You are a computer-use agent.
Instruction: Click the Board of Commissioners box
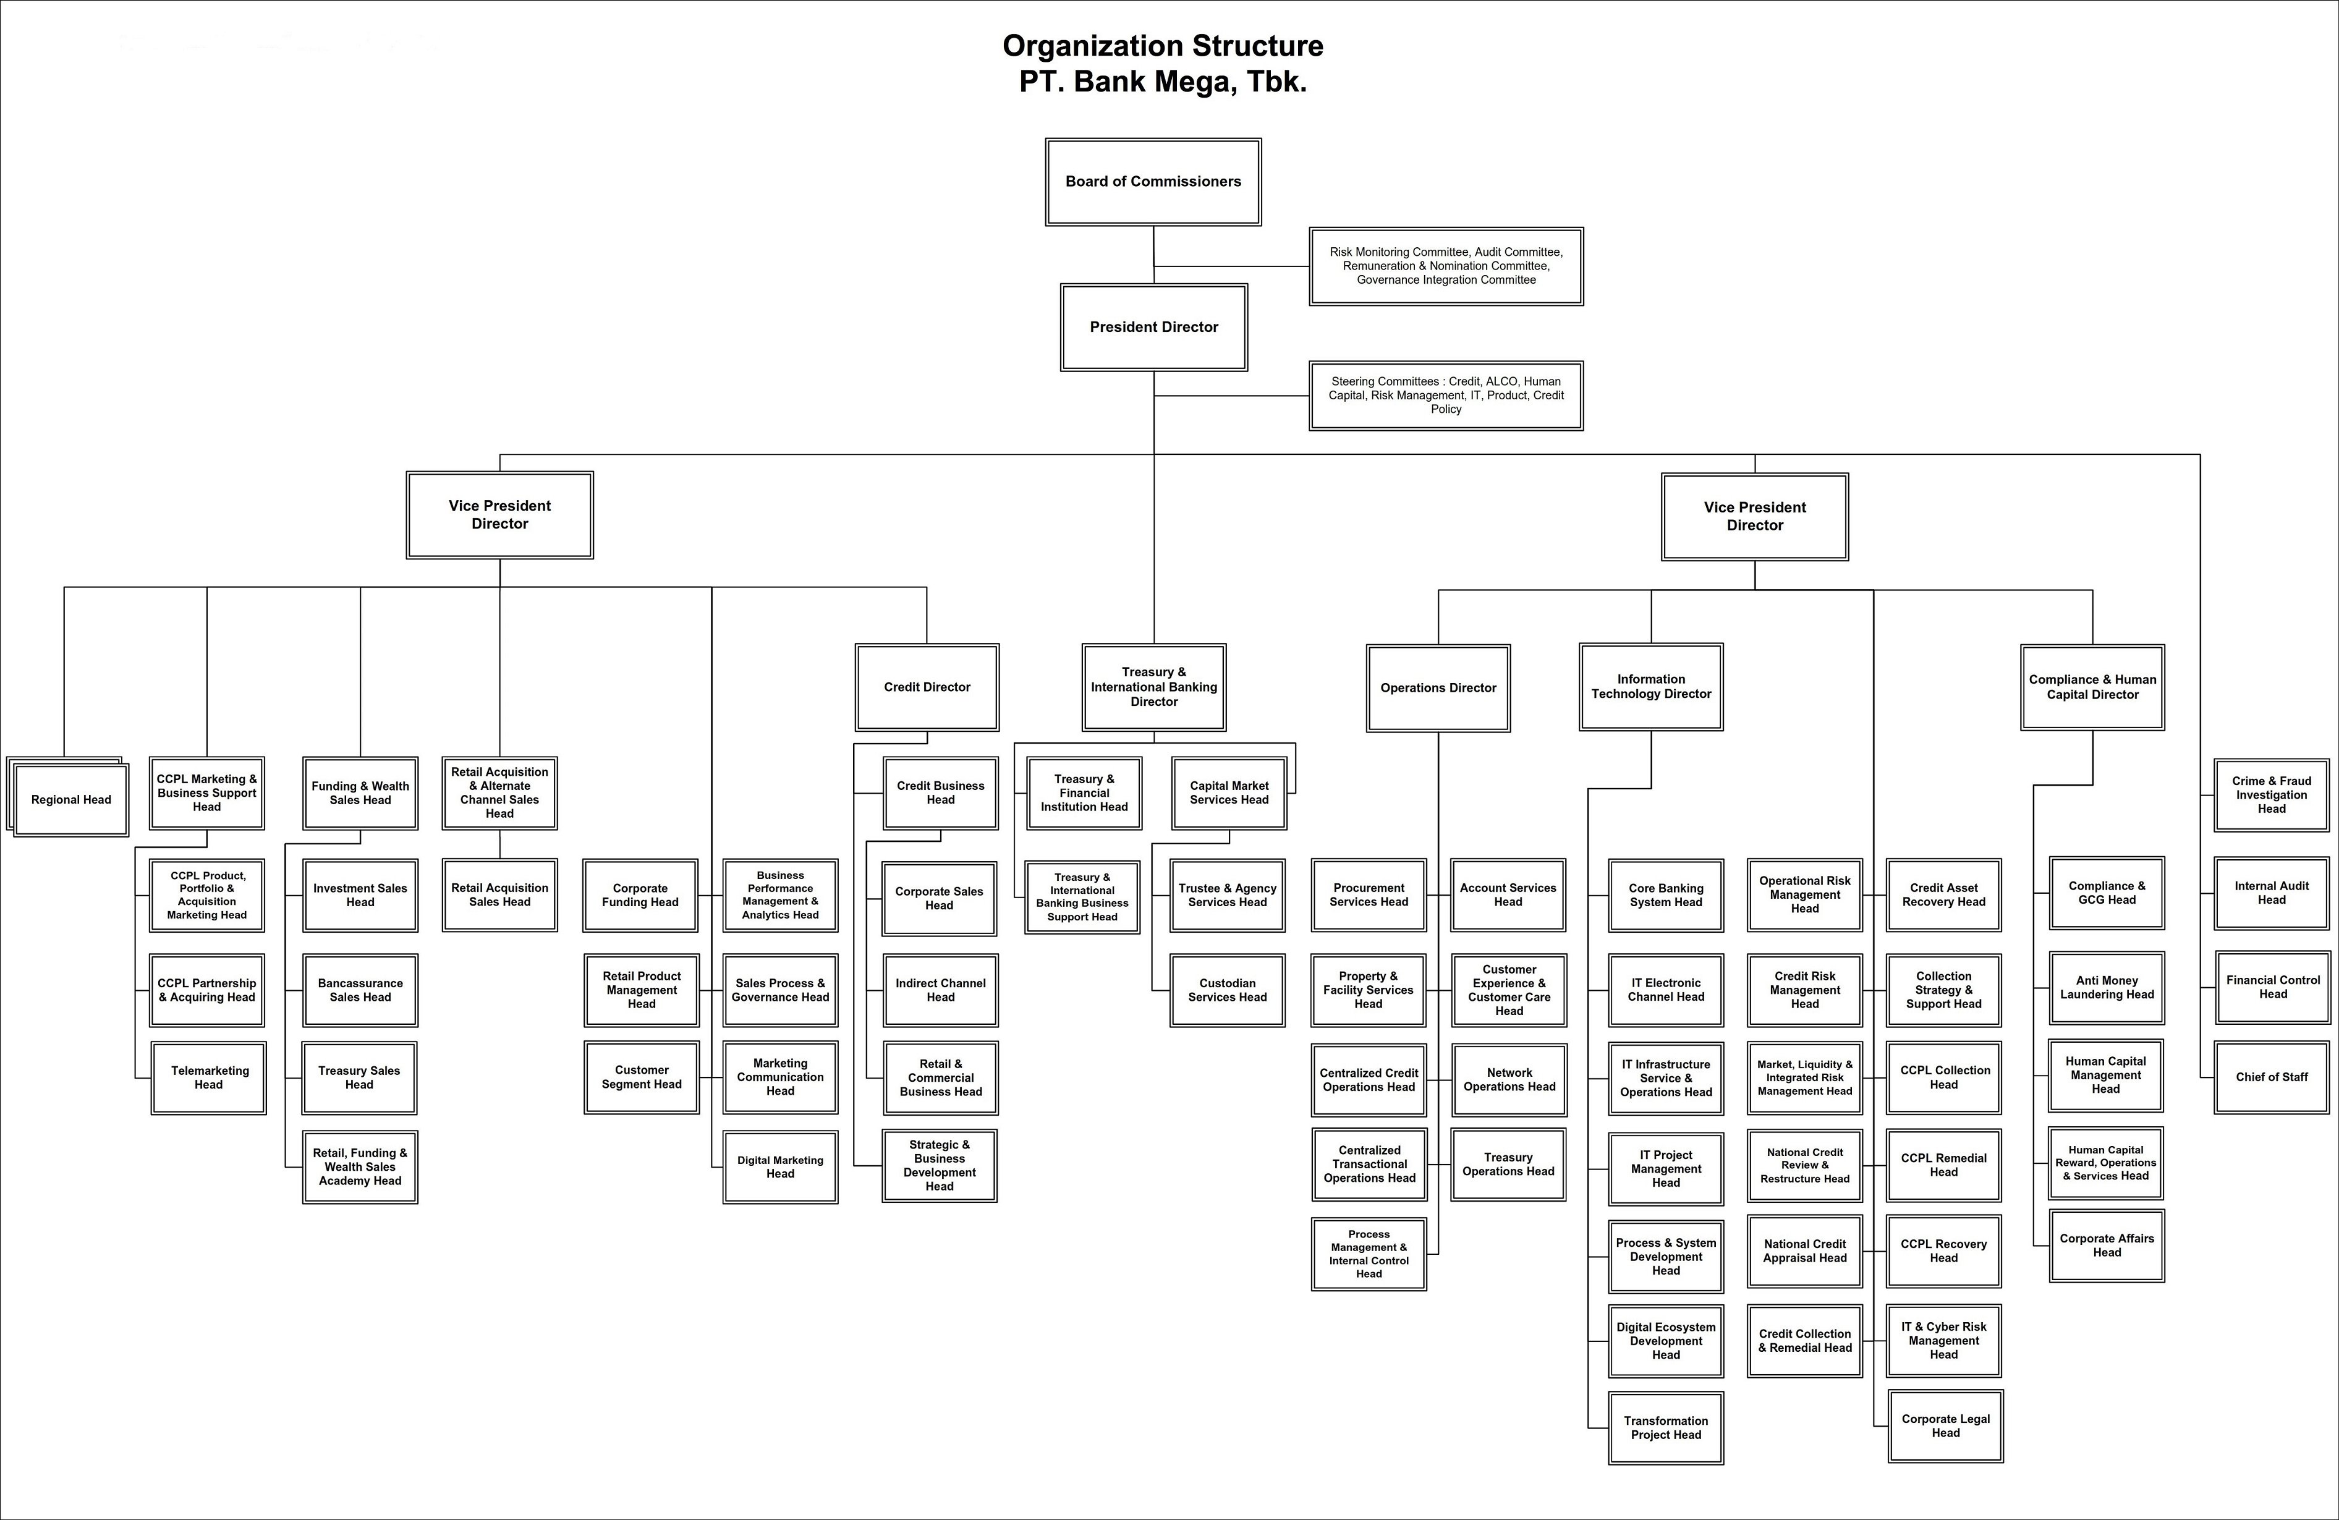tap(1153, 182)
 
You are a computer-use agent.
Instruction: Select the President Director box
tap(1154, 327)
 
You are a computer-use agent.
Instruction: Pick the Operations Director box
tap(1438, 688)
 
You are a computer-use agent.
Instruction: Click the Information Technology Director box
tap(1651, 687)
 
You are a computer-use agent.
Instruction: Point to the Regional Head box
tap(70, 800)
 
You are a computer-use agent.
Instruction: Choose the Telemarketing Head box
tap(208, 1078)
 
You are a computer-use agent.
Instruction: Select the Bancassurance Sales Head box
tap(360, 990)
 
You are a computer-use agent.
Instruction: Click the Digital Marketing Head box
tap(780, 1167)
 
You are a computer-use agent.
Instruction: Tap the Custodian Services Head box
tap(1228, 990)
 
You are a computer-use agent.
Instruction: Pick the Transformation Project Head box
tap(1666, 1428)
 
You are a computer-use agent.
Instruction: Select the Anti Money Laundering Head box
tap(2106, 987)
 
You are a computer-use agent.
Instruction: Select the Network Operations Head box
tap(1509, 1080)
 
